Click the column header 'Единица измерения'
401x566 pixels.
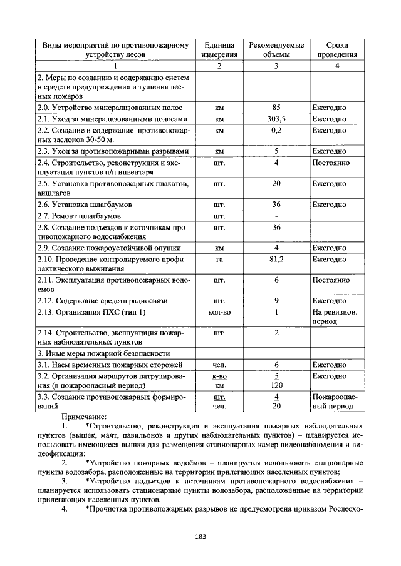219,50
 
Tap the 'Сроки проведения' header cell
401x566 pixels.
336,50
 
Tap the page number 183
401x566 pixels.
200,536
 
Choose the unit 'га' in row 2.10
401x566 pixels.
219,259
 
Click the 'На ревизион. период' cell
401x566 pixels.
335,316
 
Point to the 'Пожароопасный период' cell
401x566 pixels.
335,402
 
